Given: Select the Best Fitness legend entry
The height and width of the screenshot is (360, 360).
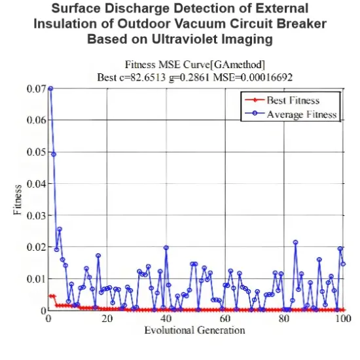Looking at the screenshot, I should pos(293,100).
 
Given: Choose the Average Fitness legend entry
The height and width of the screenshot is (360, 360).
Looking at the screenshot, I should pos(301,114).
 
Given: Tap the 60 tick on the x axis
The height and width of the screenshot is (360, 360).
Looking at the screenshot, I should pos(225,319).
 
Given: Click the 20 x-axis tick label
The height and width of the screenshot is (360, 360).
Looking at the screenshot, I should pos(107,319).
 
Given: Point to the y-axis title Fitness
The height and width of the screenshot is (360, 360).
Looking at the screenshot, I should pos(19,200).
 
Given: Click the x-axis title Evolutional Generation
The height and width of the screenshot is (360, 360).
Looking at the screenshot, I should pos(195,329).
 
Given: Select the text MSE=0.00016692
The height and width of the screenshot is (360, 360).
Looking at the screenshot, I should pos(253,77).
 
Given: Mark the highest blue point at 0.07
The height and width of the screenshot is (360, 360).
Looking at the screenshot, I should pos(50,88).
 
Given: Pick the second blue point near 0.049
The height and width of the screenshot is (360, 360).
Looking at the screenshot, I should pos(54,154).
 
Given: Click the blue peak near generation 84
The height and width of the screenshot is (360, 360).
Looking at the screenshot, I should pos(295,242).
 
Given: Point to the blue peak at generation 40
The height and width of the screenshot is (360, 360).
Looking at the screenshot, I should pos(166,247).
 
